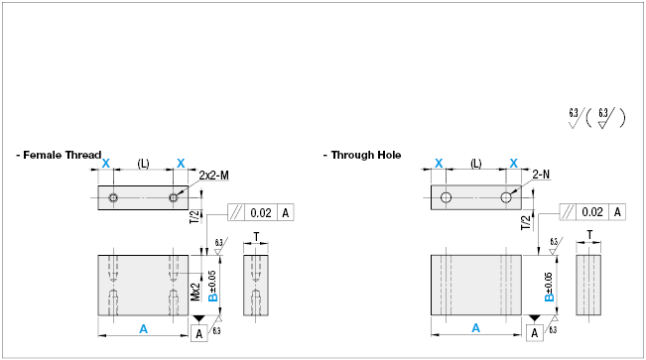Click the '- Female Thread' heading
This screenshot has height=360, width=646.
(x=59, y=155)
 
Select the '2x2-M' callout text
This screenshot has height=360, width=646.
(x=214, y=175)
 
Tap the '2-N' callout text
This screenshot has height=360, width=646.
(x=542, y=175)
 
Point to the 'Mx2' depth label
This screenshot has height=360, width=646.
(x=196, y=294)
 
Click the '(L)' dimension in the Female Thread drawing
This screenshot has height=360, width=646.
(x=143, y=163)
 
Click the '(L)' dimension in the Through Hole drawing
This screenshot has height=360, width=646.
(x=476, y=163)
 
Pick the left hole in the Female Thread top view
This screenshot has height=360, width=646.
(x=114, y=197)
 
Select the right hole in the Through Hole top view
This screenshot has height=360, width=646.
(x=507, y=197)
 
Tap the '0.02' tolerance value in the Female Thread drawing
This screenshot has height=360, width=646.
(x=261, y=212)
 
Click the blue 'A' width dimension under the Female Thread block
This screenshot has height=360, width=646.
(x=144, y=327)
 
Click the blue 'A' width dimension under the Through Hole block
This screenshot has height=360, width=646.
(x=476, y=327)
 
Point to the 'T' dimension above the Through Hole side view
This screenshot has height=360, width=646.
(x=588, y=237)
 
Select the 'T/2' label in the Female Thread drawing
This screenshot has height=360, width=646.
(x=194, y=218)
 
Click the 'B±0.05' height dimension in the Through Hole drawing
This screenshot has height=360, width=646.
(x=549, y=284)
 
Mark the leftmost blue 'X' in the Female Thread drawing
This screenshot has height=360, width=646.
(x=106, y=163)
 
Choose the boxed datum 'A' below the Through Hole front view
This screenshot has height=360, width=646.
(x=536, y=333)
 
